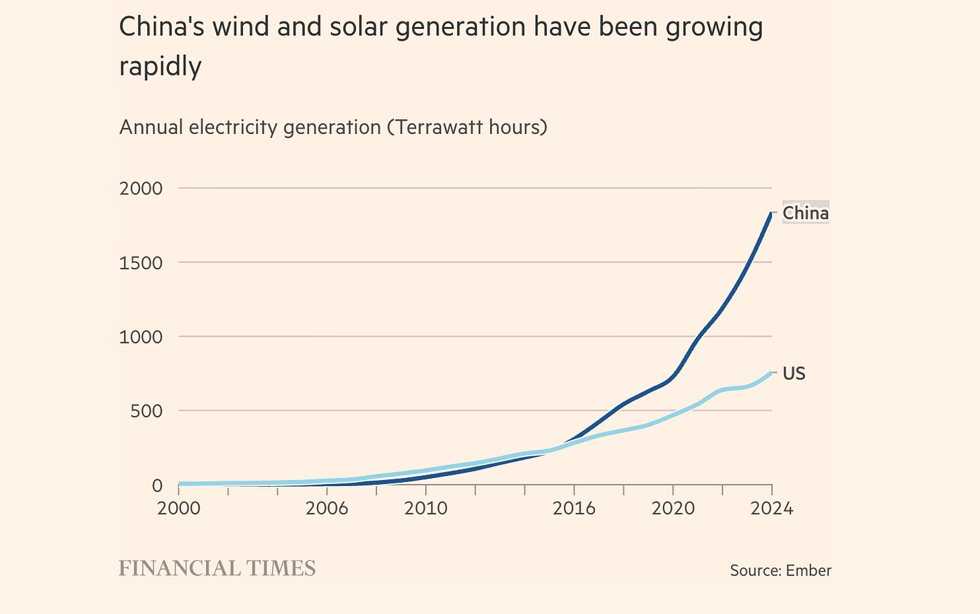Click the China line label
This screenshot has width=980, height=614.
[805, 213]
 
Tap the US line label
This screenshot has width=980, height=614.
[794, 374]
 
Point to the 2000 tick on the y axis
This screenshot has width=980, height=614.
[141, 189]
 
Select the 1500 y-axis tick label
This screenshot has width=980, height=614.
[141, 263]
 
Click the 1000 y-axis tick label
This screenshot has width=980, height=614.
[141, 337]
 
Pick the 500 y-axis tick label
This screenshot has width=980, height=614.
[147, 411]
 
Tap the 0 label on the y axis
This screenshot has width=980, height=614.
[157, 485]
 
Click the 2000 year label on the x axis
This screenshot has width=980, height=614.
[178, 508]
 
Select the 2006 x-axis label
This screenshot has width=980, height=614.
[327, 508]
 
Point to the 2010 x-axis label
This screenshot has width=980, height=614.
[426, 508]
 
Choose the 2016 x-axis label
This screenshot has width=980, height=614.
[574, 508]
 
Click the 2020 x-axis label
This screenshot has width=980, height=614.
[673, 508]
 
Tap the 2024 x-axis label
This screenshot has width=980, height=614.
[772, 508]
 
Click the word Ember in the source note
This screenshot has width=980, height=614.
[809, 571]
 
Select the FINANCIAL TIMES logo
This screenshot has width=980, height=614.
[217, 568]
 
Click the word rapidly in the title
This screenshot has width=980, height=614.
[160, 66]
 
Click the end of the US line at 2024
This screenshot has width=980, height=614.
[771, 372]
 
